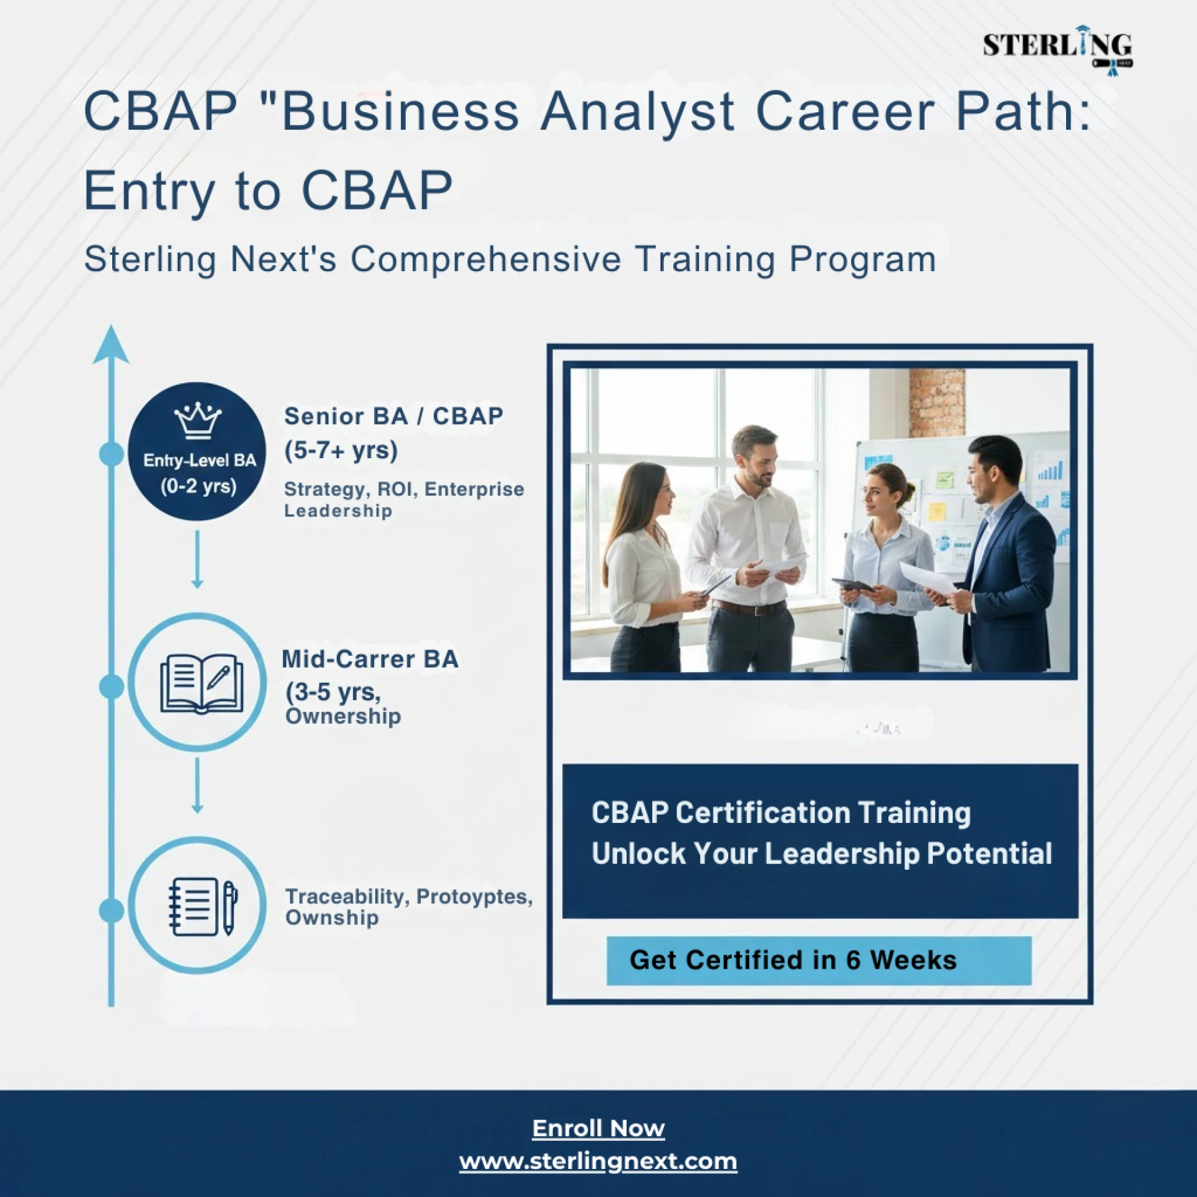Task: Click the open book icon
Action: [201, 683]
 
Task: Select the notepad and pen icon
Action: [203, 906]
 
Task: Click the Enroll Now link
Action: [598, 1128]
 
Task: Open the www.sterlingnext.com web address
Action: [598, 1161]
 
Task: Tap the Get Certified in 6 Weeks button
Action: [819, 961]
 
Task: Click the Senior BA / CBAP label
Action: [393, 416]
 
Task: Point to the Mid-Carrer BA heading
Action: [370, 659]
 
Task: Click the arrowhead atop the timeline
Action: [111, 344]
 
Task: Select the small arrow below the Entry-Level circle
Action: [197, 559]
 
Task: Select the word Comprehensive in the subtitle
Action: [486, 259]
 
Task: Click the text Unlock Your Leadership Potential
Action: [822, 853]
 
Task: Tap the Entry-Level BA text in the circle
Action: [199, 461]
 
